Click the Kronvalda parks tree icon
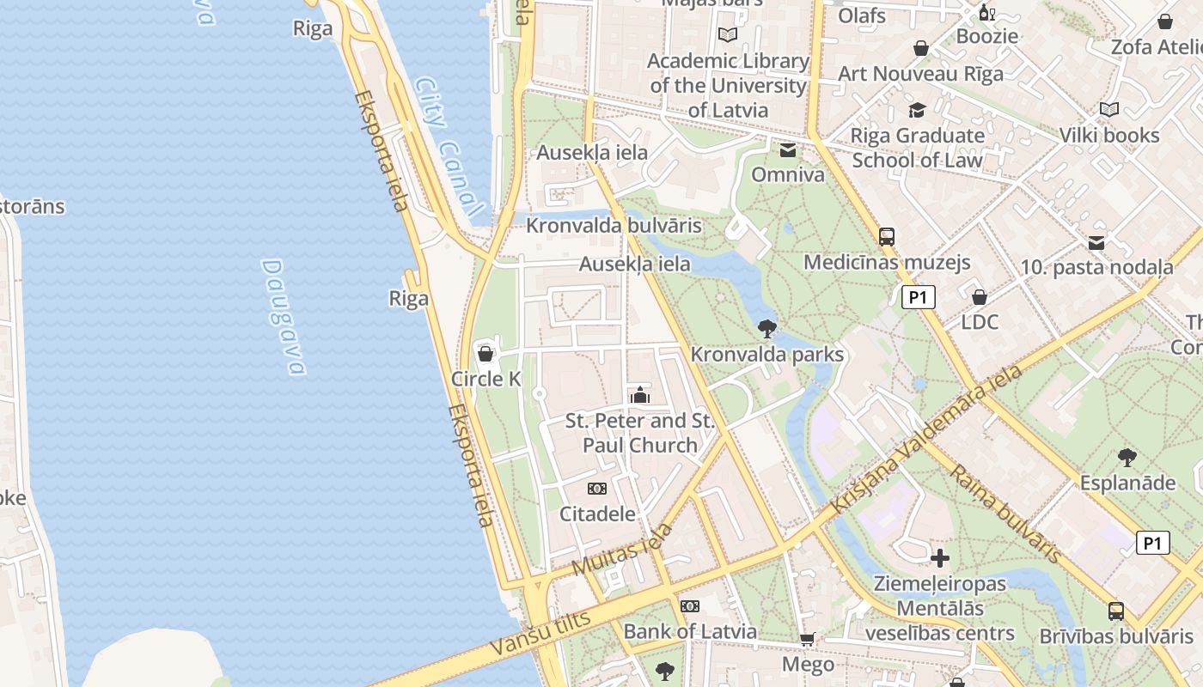point(767,328)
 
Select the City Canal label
point(447,146)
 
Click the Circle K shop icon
point(485,353)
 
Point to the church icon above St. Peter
point(639,395)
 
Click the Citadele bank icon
point(596,489)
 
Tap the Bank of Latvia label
point(690,631)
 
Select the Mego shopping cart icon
point(807,638)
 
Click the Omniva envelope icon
point(787,151)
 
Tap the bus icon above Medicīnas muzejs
point(886,237)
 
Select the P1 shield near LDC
point(918,297)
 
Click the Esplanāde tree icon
point(1127,457)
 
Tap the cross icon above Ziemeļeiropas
point(940,558)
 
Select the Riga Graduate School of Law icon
point(917,110)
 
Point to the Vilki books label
point(1108,135)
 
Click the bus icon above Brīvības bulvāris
point(1115,611)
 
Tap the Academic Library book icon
point(728,35)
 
